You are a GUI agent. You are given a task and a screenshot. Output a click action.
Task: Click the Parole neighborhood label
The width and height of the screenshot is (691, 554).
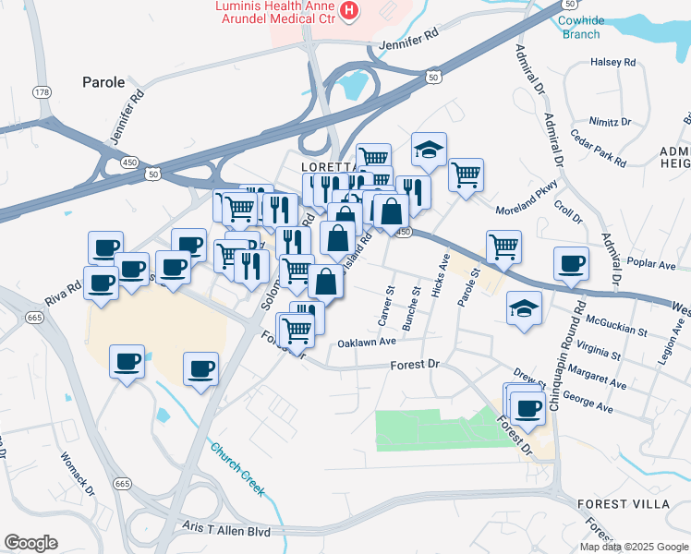103,82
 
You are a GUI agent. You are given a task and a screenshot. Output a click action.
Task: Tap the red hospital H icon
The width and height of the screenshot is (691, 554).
349,11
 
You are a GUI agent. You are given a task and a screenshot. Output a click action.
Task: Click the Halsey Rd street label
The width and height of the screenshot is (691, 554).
613,63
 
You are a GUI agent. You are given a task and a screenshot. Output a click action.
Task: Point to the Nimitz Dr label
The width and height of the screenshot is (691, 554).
610,122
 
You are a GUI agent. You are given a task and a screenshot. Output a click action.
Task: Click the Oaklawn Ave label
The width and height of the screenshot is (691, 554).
367,341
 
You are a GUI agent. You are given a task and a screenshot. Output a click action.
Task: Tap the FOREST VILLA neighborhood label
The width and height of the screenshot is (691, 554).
620,504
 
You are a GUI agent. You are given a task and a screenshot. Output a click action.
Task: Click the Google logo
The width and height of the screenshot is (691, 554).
30,543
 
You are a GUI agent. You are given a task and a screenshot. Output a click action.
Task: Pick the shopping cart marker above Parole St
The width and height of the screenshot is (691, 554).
503,246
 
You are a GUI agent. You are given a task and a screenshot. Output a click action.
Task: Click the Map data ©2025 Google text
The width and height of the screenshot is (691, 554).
635,547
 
